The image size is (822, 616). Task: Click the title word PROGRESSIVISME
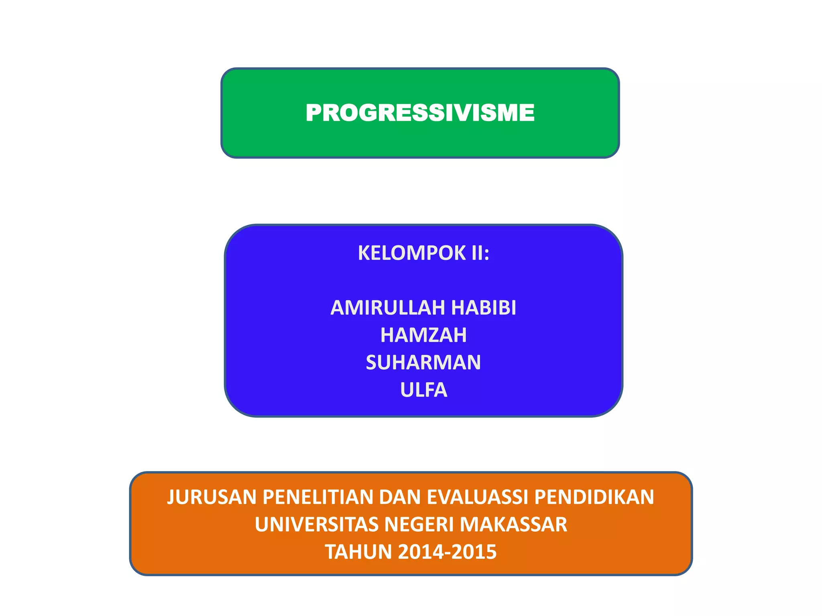420,113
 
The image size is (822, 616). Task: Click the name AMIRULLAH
388,308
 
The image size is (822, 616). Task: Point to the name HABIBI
484,308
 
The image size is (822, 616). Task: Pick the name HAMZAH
423,335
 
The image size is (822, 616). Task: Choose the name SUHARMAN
423,363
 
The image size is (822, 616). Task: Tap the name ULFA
423,390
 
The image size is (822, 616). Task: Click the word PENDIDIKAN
594,497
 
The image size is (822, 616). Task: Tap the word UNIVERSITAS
317,525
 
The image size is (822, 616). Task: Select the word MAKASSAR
513,525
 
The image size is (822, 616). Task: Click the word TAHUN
358,552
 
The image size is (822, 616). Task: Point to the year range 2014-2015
447,552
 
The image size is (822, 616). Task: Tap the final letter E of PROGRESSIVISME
527,113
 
